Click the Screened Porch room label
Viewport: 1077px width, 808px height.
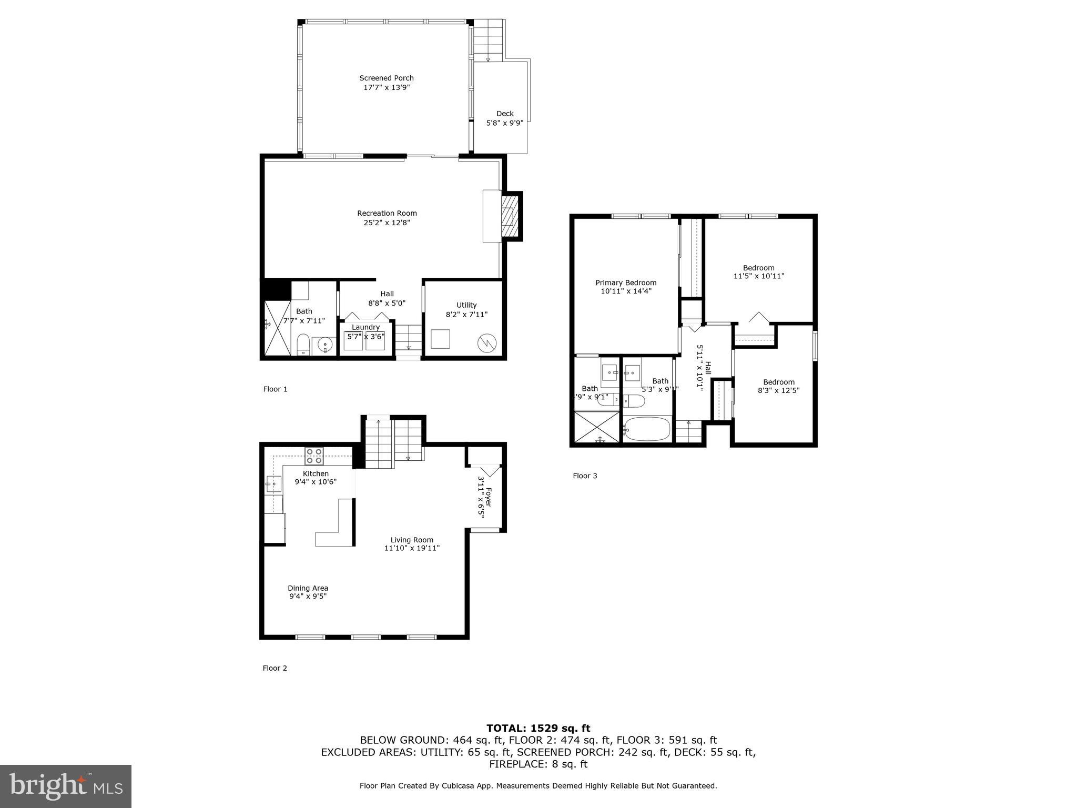[386, 78]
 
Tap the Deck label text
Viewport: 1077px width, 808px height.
[505, 114]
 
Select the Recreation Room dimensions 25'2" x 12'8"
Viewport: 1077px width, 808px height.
[387, 223]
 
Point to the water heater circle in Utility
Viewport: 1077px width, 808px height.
[486, 343]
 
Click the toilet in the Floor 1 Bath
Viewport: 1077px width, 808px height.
[303, 345]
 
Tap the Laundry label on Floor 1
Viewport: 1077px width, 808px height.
[365, 327]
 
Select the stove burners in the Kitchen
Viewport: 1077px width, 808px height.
[314, 456]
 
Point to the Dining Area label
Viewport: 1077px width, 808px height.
[308, 588]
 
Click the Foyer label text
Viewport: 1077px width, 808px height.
[489, 497]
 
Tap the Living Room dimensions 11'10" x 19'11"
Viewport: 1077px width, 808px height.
[412, 548]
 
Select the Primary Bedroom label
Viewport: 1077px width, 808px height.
[626, 282]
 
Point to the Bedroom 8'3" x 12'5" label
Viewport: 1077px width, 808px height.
[779, 382]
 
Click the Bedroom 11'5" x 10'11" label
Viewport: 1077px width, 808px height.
[758, 268]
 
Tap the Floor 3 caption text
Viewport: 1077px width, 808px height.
[585, 476]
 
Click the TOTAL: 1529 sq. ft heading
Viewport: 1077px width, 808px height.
[538, 729]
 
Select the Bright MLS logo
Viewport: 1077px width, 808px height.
[66, 786]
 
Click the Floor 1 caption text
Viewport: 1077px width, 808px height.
[275, 389]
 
